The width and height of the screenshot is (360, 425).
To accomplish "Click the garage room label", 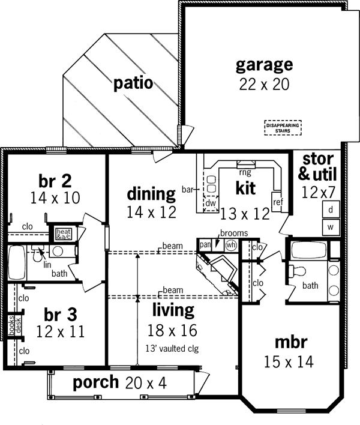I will click(x=263, y=64).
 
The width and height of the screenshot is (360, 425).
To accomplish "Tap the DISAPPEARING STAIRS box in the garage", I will click(x=283, y=127).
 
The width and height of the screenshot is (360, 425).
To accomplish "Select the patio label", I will click(x=133, y=83).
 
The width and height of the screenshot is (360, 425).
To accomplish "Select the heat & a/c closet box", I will click(x=64, y=234).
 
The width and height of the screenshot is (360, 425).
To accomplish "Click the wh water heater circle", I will click(x=229, y=245).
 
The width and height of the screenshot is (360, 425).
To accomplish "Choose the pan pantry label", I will click(x=205, y=244).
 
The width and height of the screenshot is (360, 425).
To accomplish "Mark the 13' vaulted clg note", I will click(x=172, y=347).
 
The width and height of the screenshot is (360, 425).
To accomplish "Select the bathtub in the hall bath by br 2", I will click(x=16, y=262).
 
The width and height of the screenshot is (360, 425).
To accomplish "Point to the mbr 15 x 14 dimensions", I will click(x=291, y=361).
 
